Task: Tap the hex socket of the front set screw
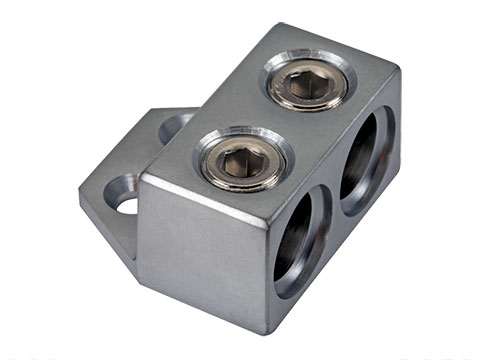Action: tap(243, 156)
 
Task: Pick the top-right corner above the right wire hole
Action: tap(397, 74)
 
